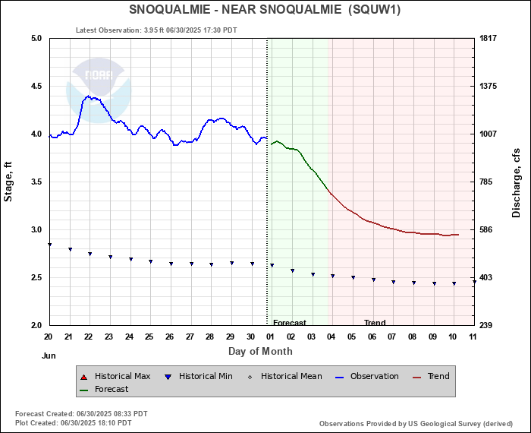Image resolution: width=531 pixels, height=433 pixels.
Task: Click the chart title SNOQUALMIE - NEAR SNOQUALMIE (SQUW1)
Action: click(265, 10)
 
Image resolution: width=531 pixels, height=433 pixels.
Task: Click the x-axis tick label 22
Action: click(89, 337)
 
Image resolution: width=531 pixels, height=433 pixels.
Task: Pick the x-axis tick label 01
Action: click(271, 337)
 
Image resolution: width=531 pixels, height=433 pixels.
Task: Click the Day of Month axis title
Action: click(260, 351)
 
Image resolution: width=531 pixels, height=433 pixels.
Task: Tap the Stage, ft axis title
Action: click(9, 182)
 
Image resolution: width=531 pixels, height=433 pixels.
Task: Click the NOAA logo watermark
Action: click(99, 84)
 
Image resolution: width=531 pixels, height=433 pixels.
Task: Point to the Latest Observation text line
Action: click(156, 30)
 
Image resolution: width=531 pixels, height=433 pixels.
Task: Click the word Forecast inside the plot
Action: click(289, 323)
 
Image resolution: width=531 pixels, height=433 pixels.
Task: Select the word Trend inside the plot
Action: click(375, 323)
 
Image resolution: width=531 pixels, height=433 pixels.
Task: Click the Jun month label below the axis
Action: click(49, 355)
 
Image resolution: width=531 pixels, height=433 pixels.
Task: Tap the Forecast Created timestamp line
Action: click(81, 414)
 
